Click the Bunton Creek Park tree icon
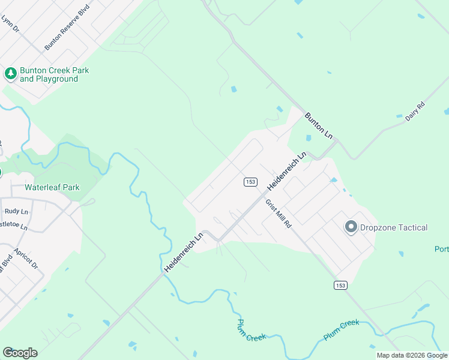[10, 74]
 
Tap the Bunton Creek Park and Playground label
[54, 74]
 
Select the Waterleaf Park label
[52, 187]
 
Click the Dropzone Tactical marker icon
[350, 227]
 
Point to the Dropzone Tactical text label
[393, 227]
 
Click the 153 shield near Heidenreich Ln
[250, 181]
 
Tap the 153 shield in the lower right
[341, 285]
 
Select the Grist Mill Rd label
[279, 213]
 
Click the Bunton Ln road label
[318, 125]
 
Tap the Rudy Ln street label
[16, 211]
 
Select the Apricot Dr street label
[26, 259]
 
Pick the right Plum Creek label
[341, 331]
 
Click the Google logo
[20, 353]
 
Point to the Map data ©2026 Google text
[411, 355]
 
